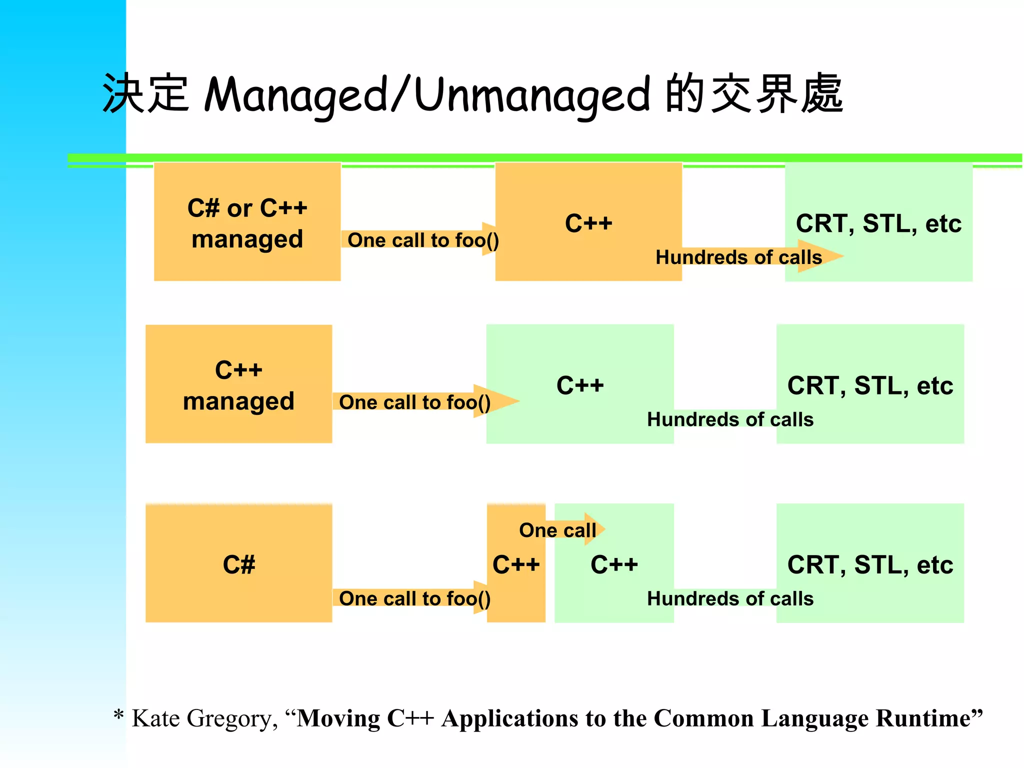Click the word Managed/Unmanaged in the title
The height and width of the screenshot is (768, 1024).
tap(427, 95)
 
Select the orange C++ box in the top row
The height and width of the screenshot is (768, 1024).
tap(588, 200)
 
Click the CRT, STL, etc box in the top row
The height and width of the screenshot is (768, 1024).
tap(878, 200)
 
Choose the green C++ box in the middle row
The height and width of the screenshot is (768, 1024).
tap(580, 360)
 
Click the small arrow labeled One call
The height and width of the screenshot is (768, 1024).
tap(558, 529)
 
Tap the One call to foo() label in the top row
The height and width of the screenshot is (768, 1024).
tap(423, 240)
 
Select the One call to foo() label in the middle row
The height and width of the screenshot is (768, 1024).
tap(414, 402)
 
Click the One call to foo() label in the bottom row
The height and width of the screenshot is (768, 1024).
tap(414, 598)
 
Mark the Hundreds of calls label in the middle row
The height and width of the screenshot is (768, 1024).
tap(730, 419)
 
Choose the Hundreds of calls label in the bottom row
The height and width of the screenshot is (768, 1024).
tap(730, 598)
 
